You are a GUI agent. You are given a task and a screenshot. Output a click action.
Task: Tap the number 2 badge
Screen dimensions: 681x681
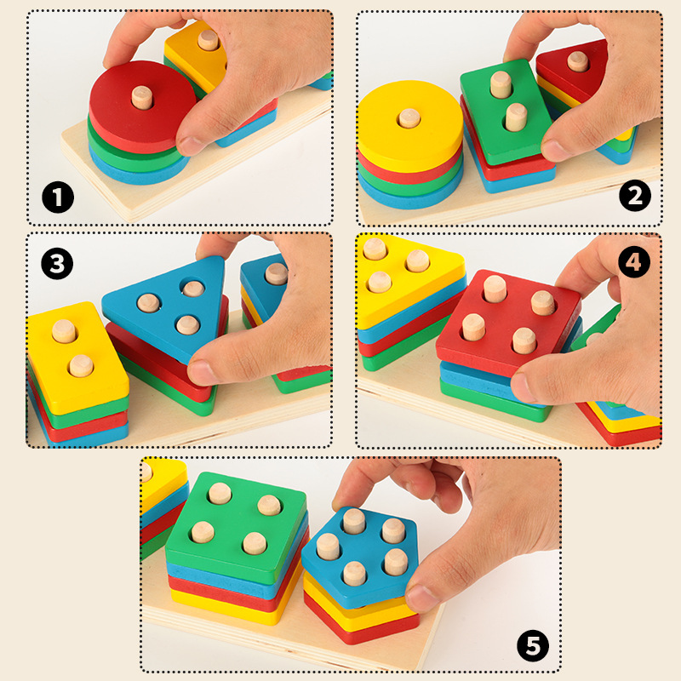pyautogui.click(x=634, y=197)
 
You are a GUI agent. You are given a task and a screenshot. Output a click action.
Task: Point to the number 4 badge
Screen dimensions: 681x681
pyautogui.click(x=634, y=262)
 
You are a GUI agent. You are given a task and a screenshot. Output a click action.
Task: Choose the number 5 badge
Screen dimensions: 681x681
pyautogui.click(x=532, y=646)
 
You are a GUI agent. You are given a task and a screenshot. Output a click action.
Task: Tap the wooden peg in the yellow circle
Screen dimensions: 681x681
pyautogui.click(x=409, y=118)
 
